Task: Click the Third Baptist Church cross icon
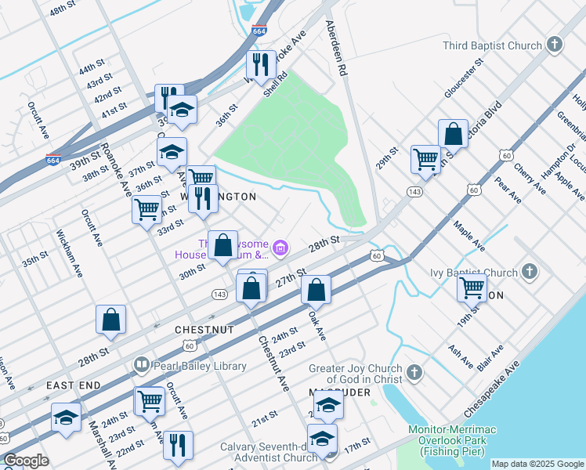[x=555, y=45]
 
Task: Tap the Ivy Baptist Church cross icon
[x=530, y=273]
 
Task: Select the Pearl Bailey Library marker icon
[x=141, y=364]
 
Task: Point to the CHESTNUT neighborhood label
[x=205, y=330]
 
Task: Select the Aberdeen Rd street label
[x=336, y=47]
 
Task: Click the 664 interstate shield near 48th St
[x=259, y=31]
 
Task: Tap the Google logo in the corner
[x=27, y=460]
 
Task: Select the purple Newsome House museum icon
[x=281, y=249]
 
